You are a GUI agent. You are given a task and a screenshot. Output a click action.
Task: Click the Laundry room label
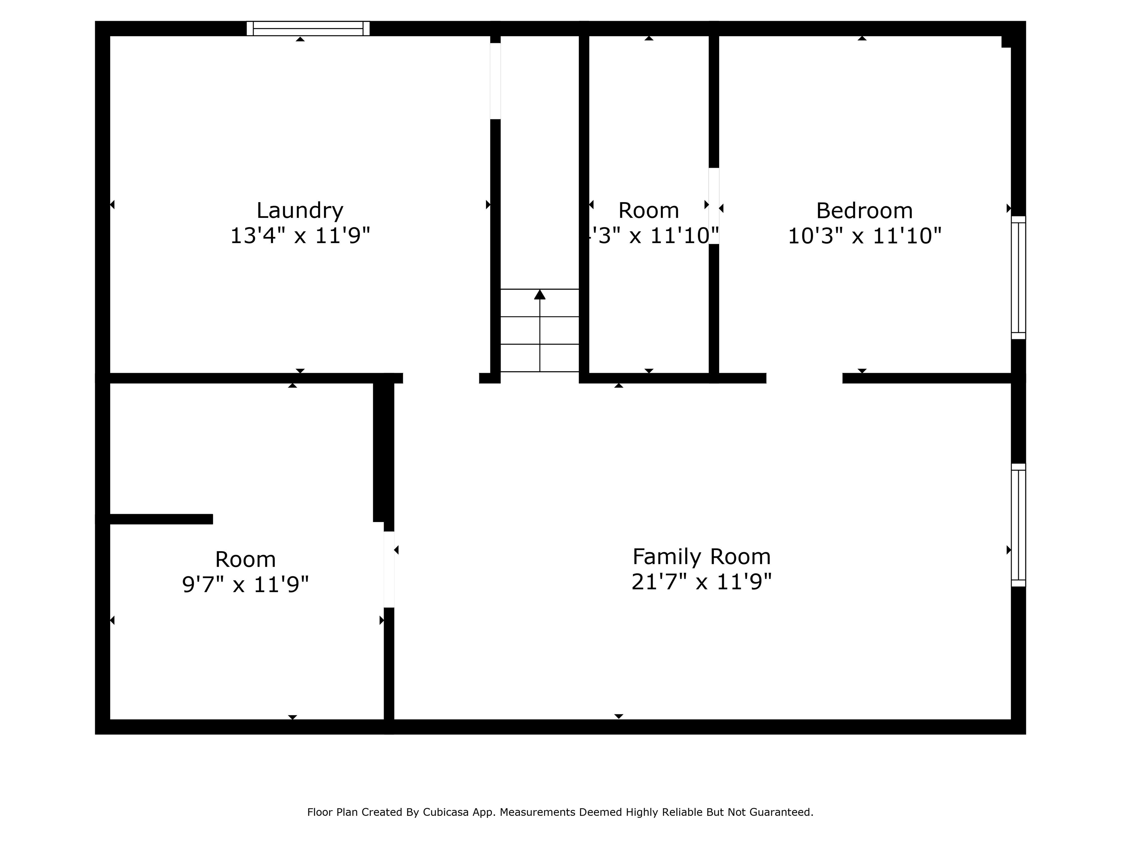tap(300, 210)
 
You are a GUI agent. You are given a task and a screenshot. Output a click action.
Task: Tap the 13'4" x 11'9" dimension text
tap(300, 236)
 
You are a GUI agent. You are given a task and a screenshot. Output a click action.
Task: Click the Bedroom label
tap(864, 210)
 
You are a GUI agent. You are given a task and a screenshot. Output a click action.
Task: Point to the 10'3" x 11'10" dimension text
tap(864, 236)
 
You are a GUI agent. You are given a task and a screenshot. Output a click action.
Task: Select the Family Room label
tap(701, 557)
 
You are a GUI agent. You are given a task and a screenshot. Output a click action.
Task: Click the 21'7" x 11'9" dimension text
tap(701, 582)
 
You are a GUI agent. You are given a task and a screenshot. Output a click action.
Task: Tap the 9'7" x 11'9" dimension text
tap(245, 584)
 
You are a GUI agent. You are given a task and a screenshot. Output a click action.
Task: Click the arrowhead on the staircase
tap(540, 295)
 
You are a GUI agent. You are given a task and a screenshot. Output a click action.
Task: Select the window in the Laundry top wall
tap(308, 28)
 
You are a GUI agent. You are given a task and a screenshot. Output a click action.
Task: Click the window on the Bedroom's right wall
tap(1018, 277)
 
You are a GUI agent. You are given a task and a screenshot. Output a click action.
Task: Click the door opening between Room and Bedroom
tap(713, 206)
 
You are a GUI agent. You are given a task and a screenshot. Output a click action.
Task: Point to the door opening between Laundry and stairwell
tap(495, 81)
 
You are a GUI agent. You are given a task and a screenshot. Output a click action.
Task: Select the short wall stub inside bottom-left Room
tap(161, 519)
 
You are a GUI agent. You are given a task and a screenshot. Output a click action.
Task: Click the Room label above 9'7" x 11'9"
tap(245, 560)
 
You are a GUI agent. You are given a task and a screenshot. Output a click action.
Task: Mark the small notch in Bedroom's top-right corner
tap(1006, 42)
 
